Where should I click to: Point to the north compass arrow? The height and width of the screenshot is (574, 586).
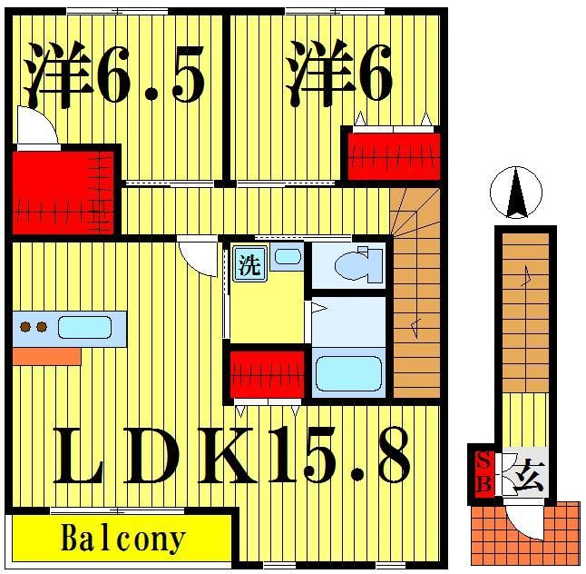point(515,194)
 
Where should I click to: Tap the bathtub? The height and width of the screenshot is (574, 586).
point(347,372)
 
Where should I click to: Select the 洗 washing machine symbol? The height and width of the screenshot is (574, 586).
point(249,265)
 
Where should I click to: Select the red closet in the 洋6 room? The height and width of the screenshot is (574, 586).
point(392,155)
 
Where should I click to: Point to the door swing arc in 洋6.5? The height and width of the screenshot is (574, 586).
point(36,131)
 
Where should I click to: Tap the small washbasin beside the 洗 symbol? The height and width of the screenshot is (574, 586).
point(286,256)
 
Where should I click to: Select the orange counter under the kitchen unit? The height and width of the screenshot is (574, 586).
point(46,355)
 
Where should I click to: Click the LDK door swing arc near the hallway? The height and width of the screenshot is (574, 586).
point(198,253)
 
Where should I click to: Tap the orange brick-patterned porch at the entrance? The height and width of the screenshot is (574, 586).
point(490,536)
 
